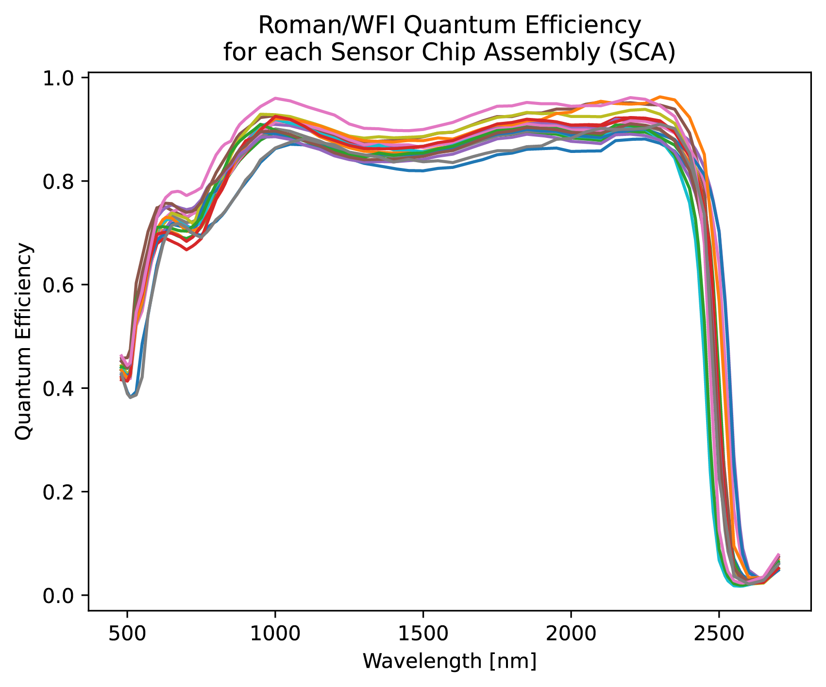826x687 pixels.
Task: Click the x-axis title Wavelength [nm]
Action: [x=450, y=661]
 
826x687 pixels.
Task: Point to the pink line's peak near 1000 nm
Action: [x=275, y=98]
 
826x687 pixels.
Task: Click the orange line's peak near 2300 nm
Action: [x=660, y=97]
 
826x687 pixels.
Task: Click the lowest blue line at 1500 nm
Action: [x=423, y=171]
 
